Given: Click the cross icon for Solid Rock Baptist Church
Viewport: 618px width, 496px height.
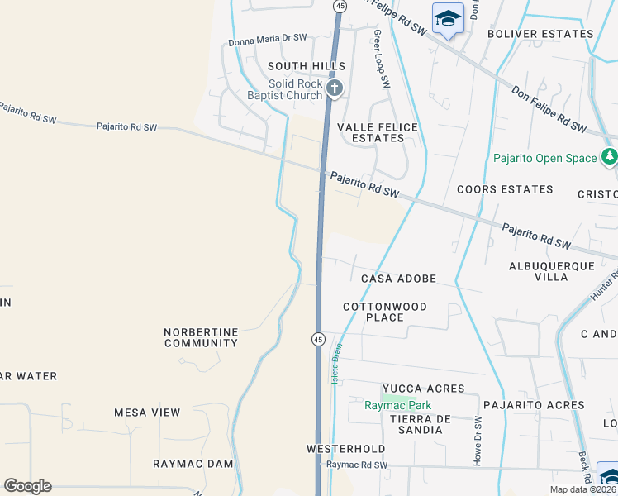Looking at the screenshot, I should pos(335,88).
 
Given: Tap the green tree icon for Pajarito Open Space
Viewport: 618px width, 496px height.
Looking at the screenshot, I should pos(610,156).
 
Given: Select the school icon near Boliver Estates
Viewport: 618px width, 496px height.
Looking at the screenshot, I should pos(448,18).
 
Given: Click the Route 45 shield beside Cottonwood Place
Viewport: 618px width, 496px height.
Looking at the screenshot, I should pos(317,339).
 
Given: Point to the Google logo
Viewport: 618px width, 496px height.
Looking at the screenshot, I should pos(27,486).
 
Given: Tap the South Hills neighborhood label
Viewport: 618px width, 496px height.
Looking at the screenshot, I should pos(306,66).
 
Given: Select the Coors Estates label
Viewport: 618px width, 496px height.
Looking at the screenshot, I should pos(505,189).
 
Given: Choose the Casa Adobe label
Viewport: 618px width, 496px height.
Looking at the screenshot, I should pos(398,279).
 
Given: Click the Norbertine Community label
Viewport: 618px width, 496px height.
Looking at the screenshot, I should pos(201,337).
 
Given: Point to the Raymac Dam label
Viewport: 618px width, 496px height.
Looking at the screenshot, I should pos(193,464).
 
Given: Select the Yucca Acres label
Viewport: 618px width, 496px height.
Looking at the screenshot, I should pos(423,389).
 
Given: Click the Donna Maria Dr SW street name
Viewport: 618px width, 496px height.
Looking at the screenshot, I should pos(268,38).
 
